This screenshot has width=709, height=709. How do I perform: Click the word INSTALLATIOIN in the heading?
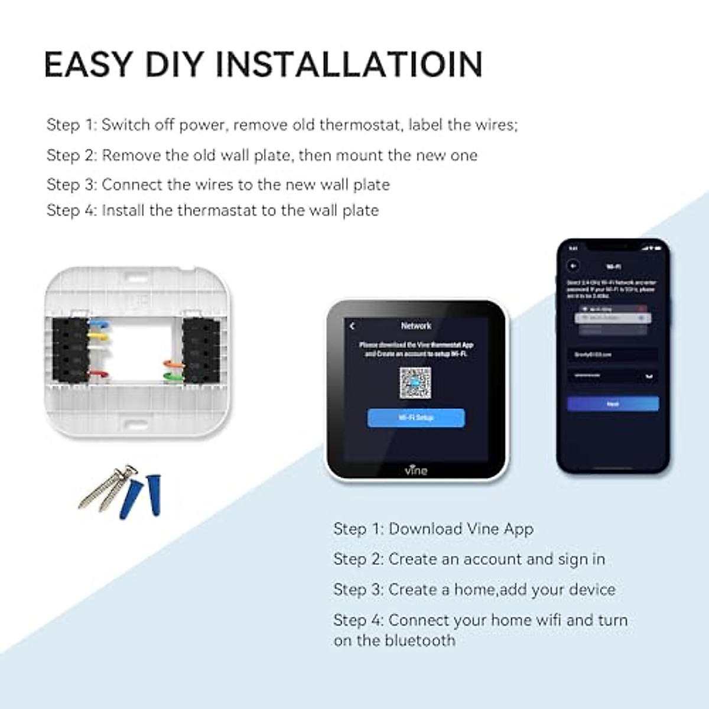[x=349, y=64]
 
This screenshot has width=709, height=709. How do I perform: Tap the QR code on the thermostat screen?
[x=415, y=383]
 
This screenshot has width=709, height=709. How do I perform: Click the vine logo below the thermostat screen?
[x=416, y=470]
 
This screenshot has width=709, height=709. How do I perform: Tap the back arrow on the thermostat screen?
[x=352, y=326]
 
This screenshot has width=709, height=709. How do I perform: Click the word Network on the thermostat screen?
[x=416, y=326]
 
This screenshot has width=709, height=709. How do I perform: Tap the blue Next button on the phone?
[x=613, y=404]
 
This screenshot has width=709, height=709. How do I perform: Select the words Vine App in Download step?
[x=500, y=529]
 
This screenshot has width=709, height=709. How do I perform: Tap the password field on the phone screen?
[x=612, y=376]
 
